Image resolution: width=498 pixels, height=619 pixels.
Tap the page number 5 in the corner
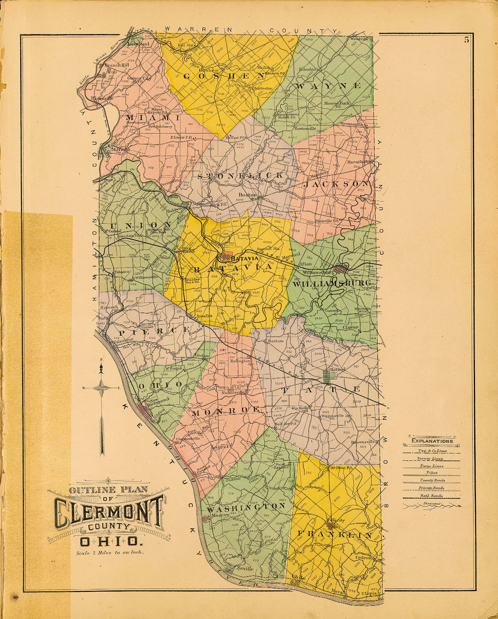pos(466,40)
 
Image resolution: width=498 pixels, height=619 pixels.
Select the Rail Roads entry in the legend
pos(431,496)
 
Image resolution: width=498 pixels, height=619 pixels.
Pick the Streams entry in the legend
pos(431,503)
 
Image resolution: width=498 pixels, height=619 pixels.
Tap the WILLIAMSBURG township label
pos(332,284)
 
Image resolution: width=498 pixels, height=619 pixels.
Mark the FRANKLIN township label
pos(335,535)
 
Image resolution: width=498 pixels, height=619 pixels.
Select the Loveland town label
pos(139,44)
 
